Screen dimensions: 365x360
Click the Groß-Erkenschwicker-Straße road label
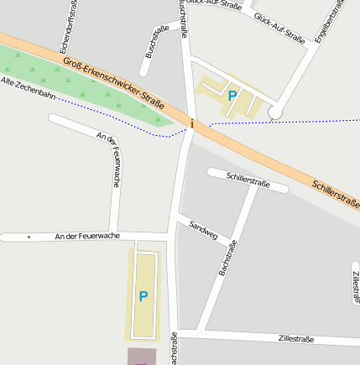[x=112, y=82]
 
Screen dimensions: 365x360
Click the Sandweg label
[x=203, y=230]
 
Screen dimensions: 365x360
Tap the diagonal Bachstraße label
[x=227, y=258]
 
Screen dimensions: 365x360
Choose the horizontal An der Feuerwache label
[x=87, y=237]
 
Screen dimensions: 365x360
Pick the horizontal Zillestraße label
[x=295, y=339]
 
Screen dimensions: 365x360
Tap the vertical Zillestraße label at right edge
[x=356, y=286]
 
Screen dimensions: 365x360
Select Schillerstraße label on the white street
[x=248, y=180]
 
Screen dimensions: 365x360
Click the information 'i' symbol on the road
[x=192, y=124]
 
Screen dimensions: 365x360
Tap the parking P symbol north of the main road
[x=232, y=96]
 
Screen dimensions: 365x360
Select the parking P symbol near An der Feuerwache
[x=143, y=296]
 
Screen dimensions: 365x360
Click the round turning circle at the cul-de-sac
[x=275, y=112]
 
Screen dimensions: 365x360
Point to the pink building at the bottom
[x=142, y=357]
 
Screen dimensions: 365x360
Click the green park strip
[x=84, y=89]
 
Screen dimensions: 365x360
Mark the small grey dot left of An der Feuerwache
[x=29, y=237]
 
